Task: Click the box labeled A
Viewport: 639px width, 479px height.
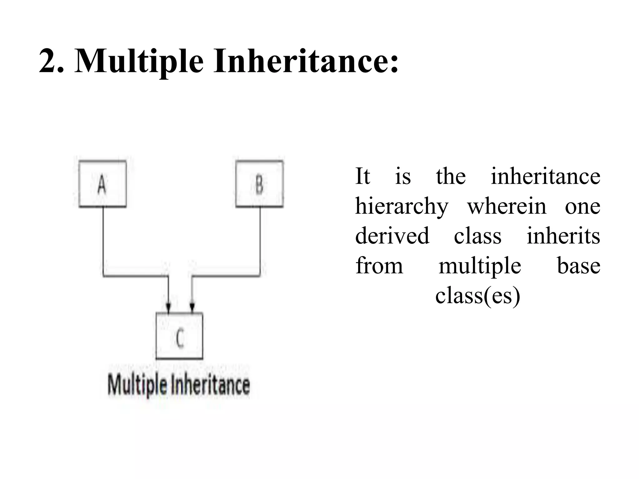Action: coord(102,184)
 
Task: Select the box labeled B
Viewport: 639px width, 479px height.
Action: coord(259,184)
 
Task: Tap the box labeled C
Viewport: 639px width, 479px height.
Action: coord(179,336)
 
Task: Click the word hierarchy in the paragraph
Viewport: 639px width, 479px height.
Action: coord(402,206)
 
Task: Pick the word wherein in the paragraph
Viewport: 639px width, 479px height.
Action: coord(507,206)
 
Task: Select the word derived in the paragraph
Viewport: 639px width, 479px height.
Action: coord(392,236)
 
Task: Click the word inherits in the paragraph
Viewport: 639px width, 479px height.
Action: coord(563,236)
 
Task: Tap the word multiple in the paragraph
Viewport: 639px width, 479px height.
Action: coord(480,266)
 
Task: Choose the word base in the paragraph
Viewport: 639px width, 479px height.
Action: coord(578,266)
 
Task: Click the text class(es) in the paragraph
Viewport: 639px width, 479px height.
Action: coord(478,295)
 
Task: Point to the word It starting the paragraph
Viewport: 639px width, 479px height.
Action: coord(363,177)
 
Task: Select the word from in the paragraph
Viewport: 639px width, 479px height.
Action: coord(379,266)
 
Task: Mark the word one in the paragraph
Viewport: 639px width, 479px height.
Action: coord(583,206)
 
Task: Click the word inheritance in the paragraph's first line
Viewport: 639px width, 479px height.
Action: coord(545,177)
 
